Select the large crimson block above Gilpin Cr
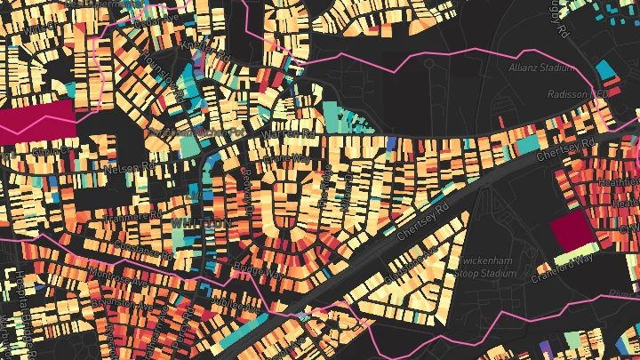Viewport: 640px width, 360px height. (38, 119)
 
